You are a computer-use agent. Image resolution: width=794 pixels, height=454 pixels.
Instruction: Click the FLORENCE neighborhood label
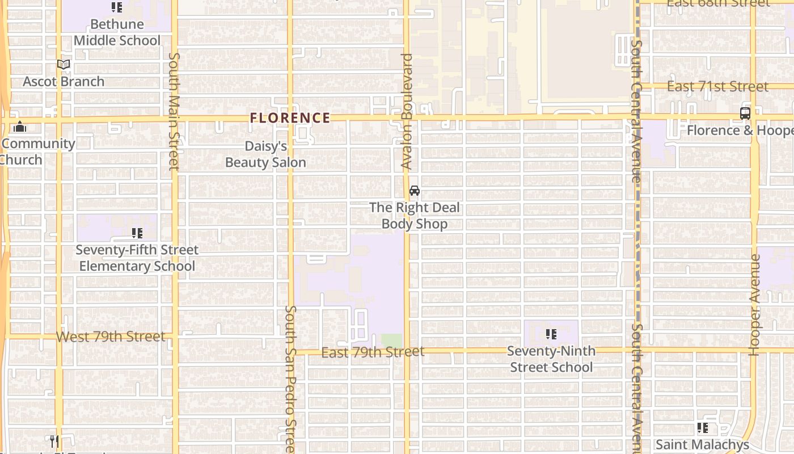point(290,118)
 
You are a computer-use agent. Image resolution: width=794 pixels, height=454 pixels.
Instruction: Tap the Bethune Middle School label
point(117,32)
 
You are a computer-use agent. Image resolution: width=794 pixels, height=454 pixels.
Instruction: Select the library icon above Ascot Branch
point(64,65)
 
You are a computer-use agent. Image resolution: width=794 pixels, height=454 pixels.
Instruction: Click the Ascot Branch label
point(64,82)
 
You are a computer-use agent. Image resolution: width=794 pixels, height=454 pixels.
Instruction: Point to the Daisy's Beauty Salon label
point(265,154)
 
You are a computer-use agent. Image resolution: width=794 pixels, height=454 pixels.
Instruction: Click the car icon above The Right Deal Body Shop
point(415,191)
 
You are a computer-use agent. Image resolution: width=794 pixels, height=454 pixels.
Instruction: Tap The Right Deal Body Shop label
point(415,216)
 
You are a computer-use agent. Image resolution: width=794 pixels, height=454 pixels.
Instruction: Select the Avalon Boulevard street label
point(407,111)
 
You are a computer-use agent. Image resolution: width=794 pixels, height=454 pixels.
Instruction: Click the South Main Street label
point(174,111)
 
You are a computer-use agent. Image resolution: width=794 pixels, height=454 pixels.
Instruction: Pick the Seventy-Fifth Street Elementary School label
point(137,258)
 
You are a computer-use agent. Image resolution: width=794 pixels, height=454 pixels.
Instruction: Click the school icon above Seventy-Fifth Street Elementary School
point(137,233)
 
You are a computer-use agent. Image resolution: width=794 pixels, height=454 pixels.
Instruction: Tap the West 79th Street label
point(111,337)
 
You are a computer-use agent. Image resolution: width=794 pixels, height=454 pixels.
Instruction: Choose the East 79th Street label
point(373,352)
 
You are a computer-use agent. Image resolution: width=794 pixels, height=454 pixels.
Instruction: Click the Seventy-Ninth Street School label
point(551,359)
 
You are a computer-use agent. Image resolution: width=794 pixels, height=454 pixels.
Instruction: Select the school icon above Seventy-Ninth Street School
point(551,334)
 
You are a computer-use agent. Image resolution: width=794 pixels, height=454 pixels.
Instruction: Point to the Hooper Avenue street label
point(754,305)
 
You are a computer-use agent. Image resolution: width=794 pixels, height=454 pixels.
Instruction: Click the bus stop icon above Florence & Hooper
point(745,113)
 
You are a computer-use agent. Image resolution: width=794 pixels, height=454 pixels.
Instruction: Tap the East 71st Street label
point(718,87)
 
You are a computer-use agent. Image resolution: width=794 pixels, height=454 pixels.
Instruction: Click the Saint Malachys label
point(702,444)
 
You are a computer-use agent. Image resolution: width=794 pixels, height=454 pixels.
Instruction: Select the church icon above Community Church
point(20,127)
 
